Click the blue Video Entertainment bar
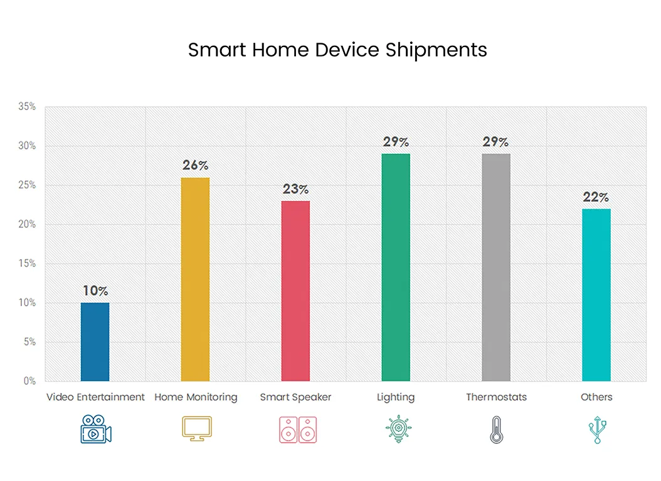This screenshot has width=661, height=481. [95, 342]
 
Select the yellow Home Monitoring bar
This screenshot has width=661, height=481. [195, 279]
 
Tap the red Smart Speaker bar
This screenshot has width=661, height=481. [295, 291]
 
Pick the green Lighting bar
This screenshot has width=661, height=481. [396, 268]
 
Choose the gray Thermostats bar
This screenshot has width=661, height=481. [496, 268]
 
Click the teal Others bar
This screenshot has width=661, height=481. [596, 295]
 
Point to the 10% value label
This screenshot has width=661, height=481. [95, 291]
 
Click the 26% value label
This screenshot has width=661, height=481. [195, 165]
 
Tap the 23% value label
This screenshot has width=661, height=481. [295, 189]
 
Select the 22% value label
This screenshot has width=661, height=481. [596, 197]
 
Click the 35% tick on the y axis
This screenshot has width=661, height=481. [27, 107]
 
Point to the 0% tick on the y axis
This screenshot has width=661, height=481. [30, 381]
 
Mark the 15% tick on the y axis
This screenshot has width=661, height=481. [27, 264]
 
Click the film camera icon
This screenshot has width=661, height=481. [95, 430]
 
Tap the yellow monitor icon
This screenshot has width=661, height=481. [196, 428]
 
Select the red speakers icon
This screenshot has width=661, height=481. [297, 430]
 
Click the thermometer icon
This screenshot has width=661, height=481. [495, 430]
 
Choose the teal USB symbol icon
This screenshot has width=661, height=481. [597, 430]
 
